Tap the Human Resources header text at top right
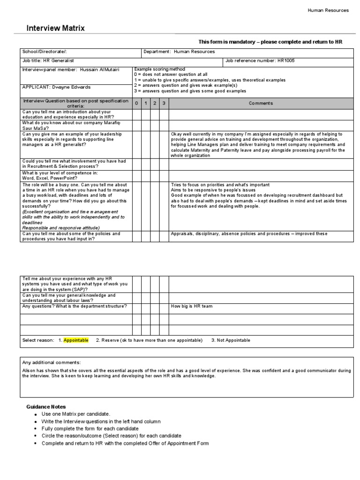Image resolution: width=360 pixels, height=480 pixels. tap(328, 10)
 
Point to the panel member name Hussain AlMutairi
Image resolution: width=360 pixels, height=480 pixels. tap(70, 69)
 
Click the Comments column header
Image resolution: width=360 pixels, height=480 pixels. tap(261, 103)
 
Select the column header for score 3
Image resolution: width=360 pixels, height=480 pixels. tap(164, 103)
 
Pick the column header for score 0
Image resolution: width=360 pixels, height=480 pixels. tap(136, 103)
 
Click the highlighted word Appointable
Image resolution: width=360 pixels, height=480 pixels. tap(76, 340)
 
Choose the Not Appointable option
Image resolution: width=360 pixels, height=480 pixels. tap(230, 340)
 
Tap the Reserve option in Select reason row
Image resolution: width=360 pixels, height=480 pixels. tap(149, 340)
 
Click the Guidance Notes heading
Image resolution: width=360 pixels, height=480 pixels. tap(46, 406)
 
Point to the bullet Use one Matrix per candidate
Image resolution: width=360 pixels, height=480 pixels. tap(75, 414)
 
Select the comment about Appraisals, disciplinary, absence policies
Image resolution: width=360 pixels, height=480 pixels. tap(249, 233)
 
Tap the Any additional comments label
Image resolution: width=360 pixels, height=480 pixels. tap(52, 362)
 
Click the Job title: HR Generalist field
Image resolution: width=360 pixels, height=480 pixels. tap(48, 60)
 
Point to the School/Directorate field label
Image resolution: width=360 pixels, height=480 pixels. tap(47, 52)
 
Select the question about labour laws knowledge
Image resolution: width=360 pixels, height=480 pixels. tap(69, 298)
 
